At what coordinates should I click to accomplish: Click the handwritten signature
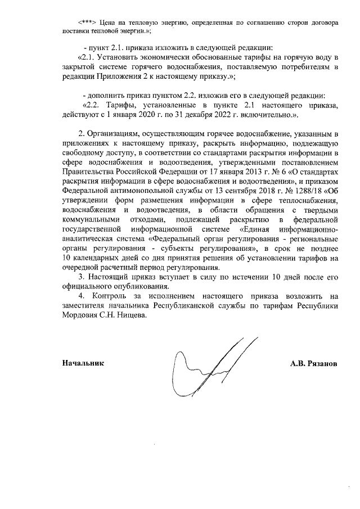[x=214, y=360]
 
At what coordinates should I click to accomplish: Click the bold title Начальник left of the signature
[x=83, y=363]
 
